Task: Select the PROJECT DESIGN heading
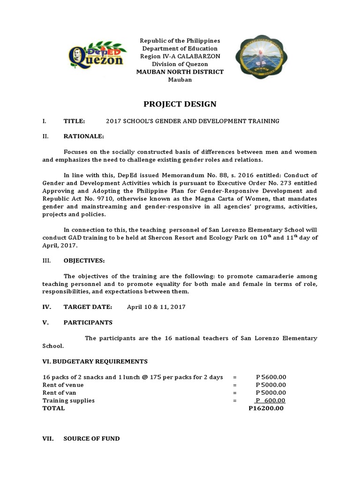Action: tap(180, 104)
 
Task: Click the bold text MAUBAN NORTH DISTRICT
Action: tap(180, 72)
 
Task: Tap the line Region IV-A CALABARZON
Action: tap(180, 56)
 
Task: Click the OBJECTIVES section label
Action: tap(84, 260)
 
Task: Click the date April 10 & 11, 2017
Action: tap(156, 307)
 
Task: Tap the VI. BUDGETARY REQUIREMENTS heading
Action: tap(95, 361)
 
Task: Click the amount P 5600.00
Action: tap(271, 377)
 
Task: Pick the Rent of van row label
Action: tap(59, 392)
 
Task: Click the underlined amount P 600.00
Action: tap(270, 400)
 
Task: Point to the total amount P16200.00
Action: tap(266, 408)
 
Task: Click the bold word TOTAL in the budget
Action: tap(54, 408)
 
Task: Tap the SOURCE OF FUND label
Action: tap(91, 439)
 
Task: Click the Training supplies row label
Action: tap(68, 400)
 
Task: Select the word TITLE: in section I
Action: tap(74, 121)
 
